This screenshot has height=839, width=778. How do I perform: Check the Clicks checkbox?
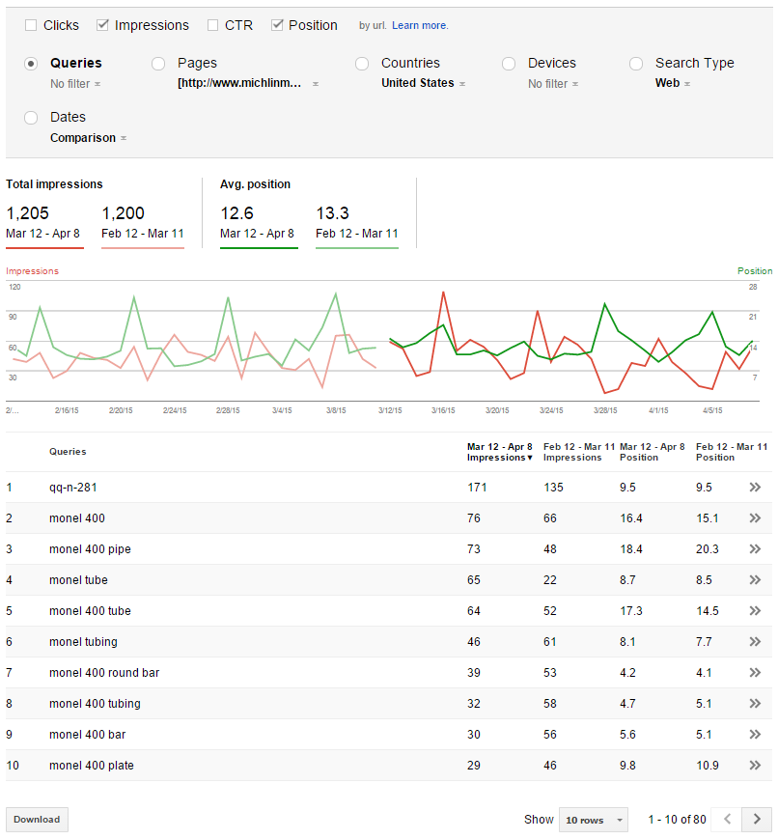[x=31, y=25]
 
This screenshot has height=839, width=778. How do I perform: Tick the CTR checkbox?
[x=212, y=25]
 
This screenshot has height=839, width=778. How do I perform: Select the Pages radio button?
[x=158, y=64]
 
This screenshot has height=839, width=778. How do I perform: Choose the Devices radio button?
[x=509, y=64]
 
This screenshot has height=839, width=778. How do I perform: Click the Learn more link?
[x=420, y=25]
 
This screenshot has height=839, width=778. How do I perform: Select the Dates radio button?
[x=31, y=118]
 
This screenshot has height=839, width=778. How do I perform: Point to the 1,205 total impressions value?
[x=27, y=213]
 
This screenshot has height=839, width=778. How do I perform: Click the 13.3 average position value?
[x=332, y=213]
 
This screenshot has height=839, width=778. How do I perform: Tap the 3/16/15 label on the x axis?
[x=443, y=410]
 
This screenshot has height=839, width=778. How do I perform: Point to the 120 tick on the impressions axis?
[x=14, y=287]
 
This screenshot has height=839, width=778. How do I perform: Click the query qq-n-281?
[x=72, y=488]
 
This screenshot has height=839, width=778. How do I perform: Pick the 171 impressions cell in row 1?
[x=477, y=488]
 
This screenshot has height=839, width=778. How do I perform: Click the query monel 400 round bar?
[x=104, y=673]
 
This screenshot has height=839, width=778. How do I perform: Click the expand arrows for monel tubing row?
[x=755, y=641]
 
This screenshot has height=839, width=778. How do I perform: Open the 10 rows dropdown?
[x=594, y=820]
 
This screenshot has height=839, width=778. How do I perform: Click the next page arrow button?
[x=757, y=819]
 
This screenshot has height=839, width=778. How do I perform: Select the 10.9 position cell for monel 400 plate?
[x=708, y=766]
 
